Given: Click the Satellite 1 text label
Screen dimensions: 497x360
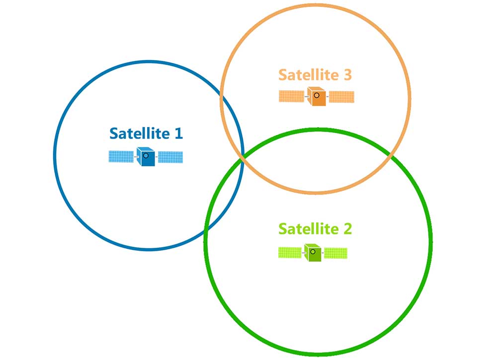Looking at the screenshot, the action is click(x=146, y=133).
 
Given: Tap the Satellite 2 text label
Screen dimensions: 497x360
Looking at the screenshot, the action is click(x=315, y=228).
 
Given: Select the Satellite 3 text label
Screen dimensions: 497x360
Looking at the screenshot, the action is click(x=315, y=74).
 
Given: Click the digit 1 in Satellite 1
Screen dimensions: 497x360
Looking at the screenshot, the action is click(x=179, y=133).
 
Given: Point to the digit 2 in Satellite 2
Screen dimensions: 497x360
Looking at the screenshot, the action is click(x=348, y=228).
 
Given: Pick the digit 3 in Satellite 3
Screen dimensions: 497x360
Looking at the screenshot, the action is click(x=348, y=74).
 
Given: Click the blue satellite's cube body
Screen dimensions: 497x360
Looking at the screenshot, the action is click(x=146, y=156).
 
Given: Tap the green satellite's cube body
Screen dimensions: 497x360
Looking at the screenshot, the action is click(x=313, y=252).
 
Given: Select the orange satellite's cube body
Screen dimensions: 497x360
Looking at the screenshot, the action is click(x=317, y=96).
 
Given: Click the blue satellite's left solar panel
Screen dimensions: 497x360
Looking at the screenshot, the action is click(x=121, y=156).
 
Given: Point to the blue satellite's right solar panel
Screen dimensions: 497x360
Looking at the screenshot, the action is click(x=170, y=157).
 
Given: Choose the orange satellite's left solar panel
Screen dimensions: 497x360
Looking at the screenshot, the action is click(x=292, y=96).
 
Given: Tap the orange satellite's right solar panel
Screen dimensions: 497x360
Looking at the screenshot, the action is click(x=342, y=97).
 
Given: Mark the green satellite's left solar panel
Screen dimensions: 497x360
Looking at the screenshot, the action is click(x=290, y=253).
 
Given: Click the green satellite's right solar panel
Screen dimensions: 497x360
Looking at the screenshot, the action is click(x=335, y=253).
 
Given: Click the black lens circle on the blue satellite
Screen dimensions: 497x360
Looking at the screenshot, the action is click(x=146, y=155).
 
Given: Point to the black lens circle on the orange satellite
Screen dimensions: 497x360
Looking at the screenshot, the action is click(x=317, y=95).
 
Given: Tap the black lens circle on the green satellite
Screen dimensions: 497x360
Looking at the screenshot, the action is click(x=313, y=252).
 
